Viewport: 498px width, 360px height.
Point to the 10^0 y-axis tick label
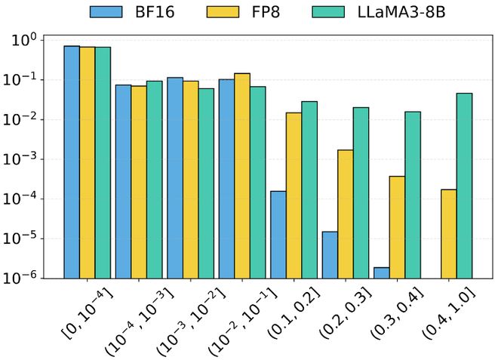point(27,39)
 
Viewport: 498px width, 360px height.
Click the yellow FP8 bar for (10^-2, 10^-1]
point(242,175)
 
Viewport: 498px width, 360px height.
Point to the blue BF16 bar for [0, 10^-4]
point(72,162)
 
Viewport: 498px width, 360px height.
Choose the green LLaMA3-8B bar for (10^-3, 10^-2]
point(206,183)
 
